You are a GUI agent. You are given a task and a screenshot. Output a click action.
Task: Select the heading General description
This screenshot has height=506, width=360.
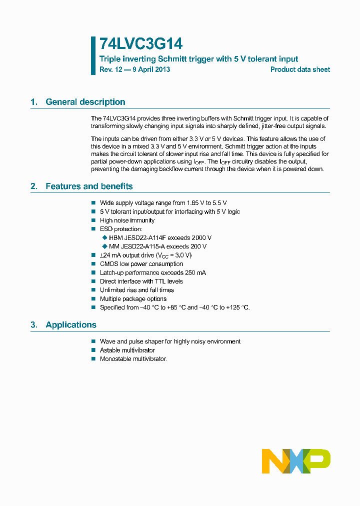(85, 102)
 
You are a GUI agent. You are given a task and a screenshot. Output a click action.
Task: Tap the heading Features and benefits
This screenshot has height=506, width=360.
(89, 186)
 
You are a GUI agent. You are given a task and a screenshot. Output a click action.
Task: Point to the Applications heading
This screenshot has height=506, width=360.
(70, 325)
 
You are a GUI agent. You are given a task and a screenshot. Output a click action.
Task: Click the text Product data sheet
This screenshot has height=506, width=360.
(300, 69)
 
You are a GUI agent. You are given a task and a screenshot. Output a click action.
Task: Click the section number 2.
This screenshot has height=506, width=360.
(33, 186)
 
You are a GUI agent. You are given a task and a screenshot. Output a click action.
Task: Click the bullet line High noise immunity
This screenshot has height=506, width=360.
(127, 220)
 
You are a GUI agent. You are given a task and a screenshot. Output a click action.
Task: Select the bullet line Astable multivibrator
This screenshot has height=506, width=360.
(127, 350)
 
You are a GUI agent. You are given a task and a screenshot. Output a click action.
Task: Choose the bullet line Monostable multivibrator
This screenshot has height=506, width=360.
(133, 359)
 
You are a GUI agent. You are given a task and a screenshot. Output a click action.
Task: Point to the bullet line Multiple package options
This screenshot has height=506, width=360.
(133, 299)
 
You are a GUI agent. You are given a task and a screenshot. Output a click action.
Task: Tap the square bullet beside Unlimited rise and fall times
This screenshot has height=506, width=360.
(93, 290)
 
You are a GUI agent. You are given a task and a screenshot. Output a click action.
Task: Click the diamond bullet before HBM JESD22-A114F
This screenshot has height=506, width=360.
(104, 237)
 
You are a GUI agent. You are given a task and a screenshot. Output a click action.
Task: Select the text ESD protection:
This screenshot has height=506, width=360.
(121, 229)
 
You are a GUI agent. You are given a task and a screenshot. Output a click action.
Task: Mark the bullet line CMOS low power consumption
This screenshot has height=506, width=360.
(141, 264)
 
